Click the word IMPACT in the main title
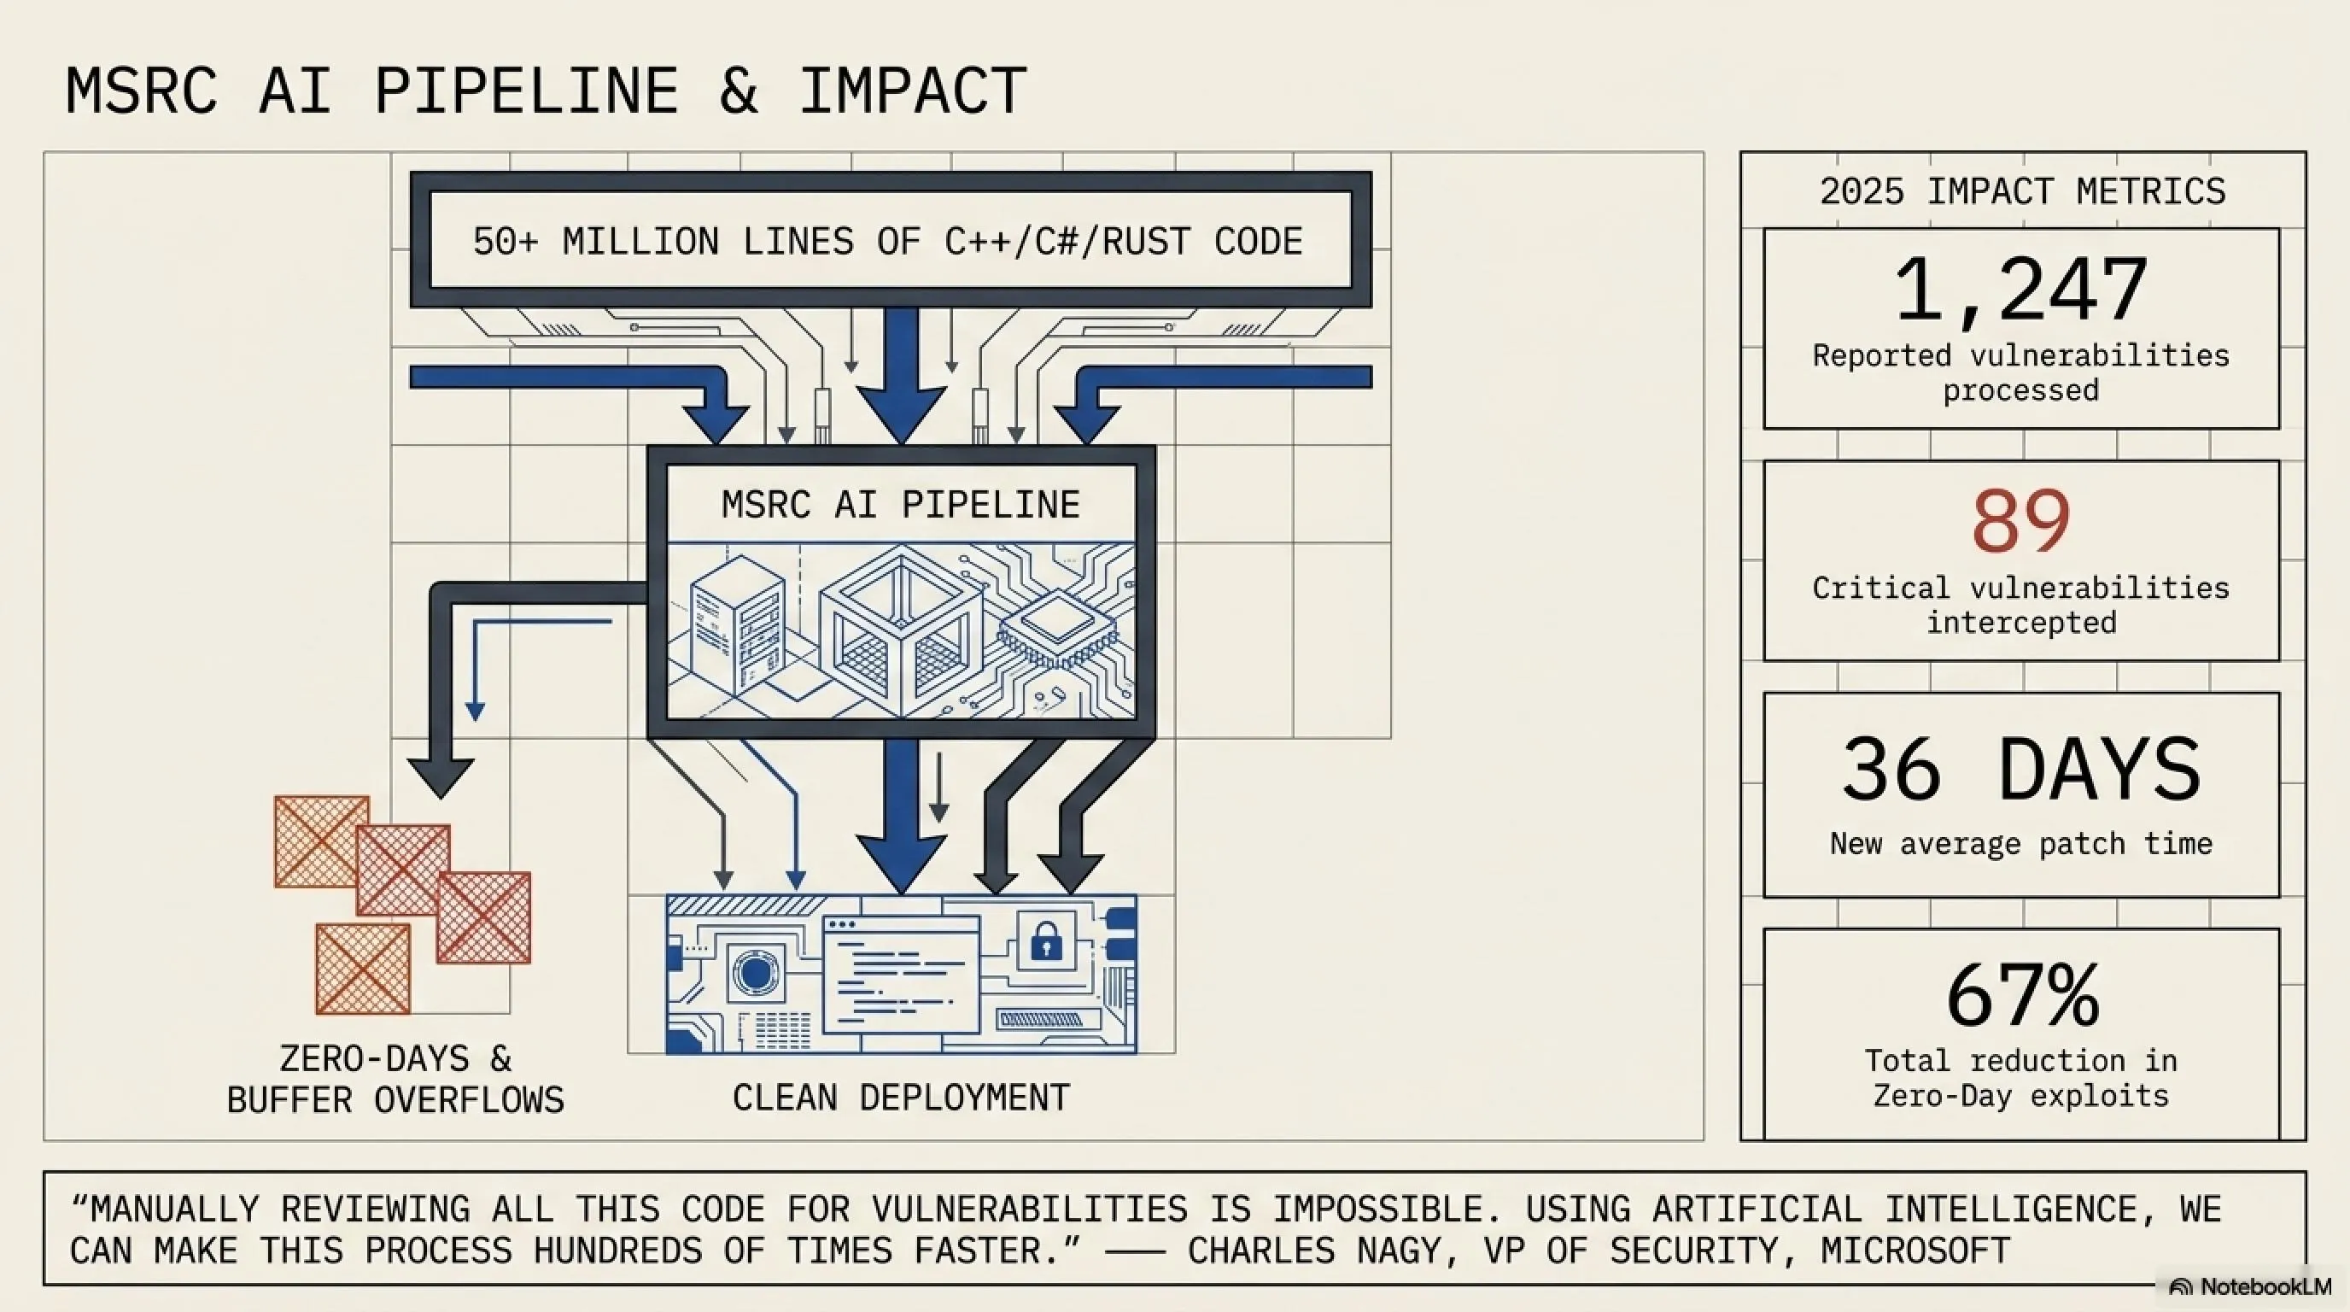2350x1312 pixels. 913,91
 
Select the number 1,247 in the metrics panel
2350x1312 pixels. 2020,290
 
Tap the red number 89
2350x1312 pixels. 2020,521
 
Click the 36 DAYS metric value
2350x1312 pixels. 2020,769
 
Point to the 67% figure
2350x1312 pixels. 2022,995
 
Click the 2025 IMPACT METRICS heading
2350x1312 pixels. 2022,191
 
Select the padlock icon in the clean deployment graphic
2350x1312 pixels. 1046,940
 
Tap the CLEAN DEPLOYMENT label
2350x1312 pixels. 902,1098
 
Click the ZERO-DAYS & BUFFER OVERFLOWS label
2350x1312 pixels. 395,1080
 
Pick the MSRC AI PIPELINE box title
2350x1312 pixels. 902,505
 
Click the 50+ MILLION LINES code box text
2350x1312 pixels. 887,242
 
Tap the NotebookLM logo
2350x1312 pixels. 2249,1286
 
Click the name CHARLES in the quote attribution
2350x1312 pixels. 1261,1250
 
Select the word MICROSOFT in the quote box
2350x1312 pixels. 1915,1250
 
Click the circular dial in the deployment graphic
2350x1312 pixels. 753,973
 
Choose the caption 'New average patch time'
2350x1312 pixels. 2020,844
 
